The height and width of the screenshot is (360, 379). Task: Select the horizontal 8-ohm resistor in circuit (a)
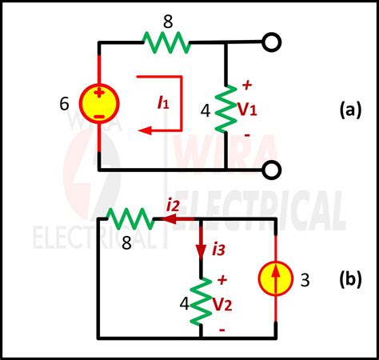(x=166, y=40)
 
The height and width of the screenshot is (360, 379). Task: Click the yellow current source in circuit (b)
(x=276, y=280)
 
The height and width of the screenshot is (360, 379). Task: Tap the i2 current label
(x=173, y=206)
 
